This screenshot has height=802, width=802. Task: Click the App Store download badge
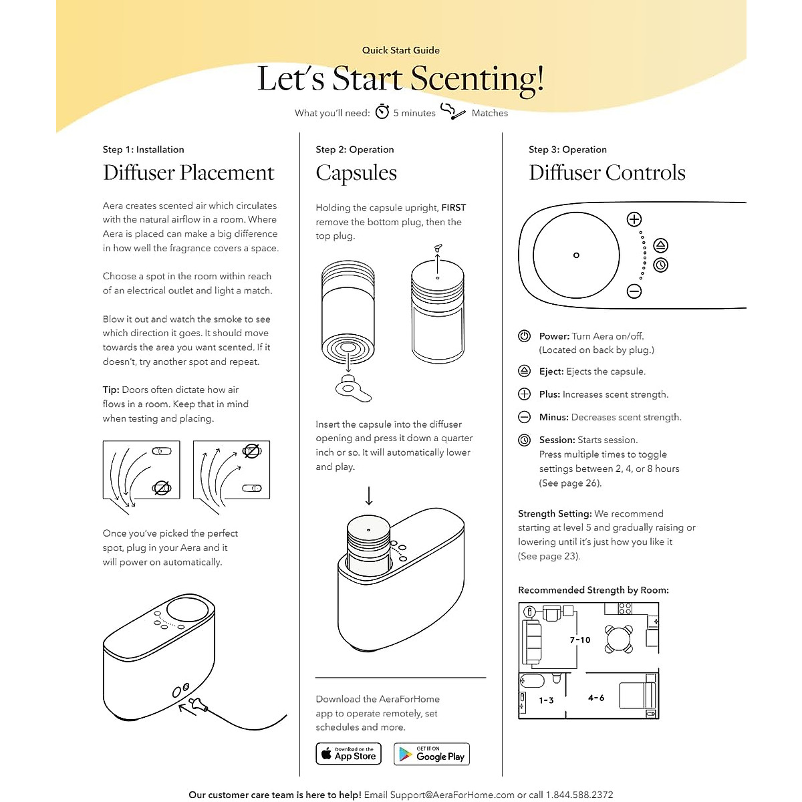tap(348, 754)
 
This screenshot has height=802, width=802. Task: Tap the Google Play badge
tap(432, 754)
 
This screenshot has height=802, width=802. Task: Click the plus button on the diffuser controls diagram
tap(634, 219)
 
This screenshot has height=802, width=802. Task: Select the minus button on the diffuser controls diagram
tap(634, 291)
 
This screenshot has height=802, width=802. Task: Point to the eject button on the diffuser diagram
tap(660, 245)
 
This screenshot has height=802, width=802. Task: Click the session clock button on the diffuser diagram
tap(660, 265)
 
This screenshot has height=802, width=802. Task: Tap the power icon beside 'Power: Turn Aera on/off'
tap(525, 336)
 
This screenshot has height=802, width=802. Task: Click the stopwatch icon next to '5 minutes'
tap(382, 112)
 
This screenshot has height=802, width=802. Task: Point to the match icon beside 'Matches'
tap(452, 112)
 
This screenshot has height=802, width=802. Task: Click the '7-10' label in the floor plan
tap(580, 640)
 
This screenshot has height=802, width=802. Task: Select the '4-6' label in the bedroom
tap(596, 698)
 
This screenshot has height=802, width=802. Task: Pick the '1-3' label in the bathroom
tap(547, 700)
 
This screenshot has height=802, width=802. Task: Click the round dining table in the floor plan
tap(619, 638)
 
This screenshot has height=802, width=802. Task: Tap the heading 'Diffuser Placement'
tap(188, 172)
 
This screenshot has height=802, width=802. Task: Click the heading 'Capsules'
tap(356, 173)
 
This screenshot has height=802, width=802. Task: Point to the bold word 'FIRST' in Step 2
tap(454, 208)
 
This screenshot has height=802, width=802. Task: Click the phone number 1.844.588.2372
tap(579, 795)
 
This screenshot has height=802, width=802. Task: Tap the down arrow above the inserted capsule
tap(369, 496)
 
